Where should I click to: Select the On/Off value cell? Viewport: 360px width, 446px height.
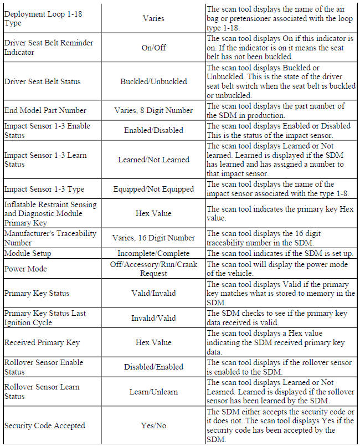[153, 48]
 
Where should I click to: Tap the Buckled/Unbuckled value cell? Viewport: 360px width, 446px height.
[153, 81]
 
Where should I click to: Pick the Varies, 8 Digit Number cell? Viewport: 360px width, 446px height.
[153, 110]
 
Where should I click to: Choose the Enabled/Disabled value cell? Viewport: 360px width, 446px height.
[153, 130]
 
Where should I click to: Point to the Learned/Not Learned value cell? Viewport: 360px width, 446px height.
[153, 160]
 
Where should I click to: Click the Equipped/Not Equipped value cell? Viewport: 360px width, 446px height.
[153, 189]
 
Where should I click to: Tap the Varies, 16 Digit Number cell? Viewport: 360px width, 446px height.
[153, 238]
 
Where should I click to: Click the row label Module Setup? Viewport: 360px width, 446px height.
[28, 253]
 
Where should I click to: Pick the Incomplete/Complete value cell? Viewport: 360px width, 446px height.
[153, 253]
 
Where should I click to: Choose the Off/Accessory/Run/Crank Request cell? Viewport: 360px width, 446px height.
[153, 269]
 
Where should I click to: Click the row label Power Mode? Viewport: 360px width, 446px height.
[25, 269]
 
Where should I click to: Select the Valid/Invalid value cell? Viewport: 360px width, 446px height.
[153, 293]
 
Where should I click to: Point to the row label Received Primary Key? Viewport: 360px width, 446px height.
[42, 342]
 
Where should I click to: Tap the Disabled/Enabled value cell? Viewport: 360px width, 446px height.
[153, 367]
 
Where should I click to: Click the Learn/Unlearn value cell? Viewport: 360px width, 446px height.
[153, 392]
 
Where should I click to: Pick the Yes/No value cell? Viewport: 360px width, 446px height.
[153, 426]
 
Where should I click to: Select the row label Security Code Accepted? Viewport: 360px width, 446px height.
[44, 426]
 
